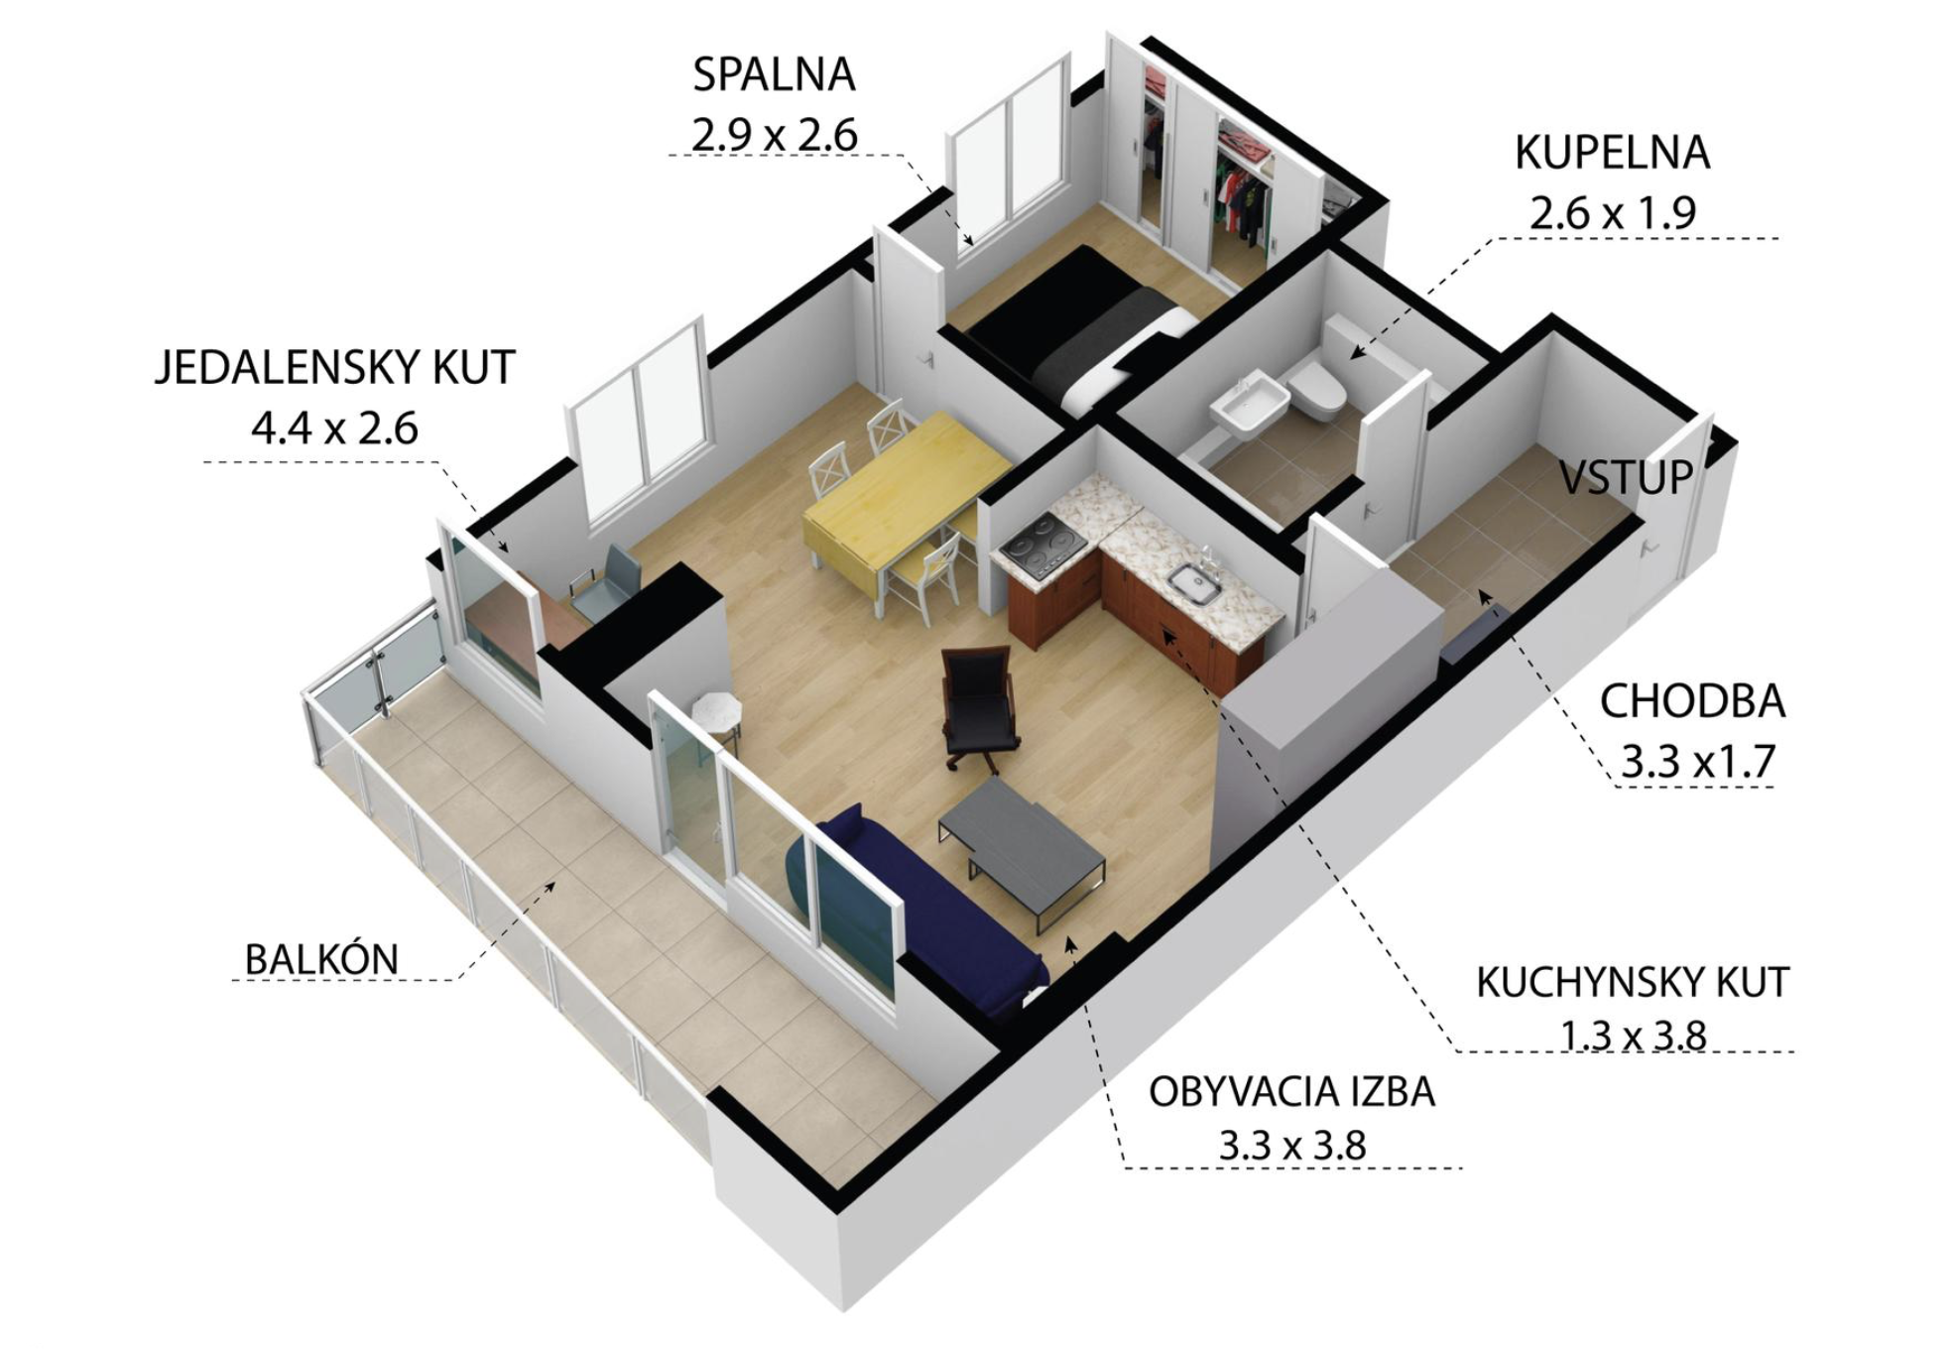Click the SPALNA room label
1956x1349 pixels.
774,75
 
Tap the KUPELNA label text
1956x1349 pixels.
1613,153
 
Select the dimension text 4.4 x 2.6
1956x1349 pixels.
335,429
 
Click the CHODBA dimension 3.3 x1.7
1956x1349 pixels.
1697,762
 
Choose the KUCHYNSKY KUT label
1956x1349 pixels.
1633,982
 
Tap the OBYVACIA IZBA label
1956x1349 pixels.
1292,1092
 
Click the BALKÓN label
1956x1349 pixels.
321,959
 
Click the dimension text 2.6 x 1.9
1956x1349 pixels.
1613,213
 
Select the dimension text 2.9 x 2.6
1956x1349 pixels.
775,135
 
